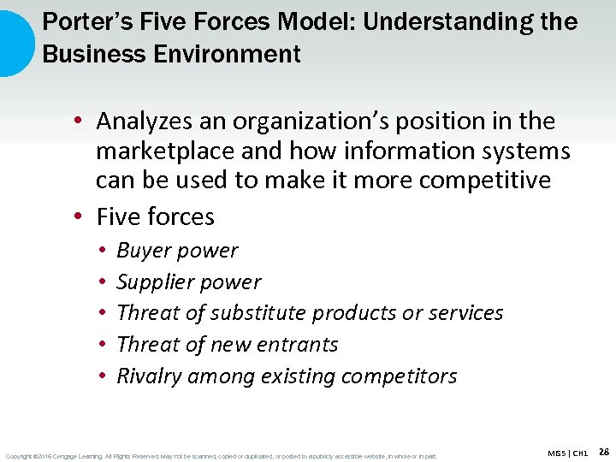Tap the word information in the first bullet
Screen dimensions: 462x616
(385, 151)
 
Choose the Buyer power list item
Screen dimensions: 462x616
(177, 251)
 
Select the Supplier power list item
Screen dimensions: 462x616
(188, 282)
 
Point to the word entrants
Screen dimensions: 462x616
(295, 345)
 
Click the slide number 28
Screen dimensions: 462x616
(603, 452)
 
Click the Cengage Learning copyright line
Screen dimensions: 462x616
(221, 455)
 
